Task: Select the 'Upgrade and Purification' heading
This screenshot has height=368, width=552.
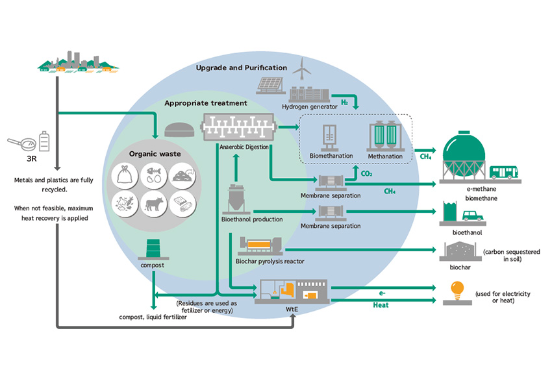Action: tap(242, 68)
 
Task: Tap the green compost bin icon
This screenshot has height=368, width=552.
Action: tap(154, 249)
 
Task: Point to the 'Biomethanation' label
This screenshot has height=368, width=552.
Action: tap(331, 156)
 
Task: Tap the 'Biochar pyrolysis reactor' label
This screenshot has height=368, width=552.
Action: tap(270, 261)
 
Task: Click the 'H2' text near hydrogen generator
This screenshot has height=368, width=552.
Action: tap(345, 104)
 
